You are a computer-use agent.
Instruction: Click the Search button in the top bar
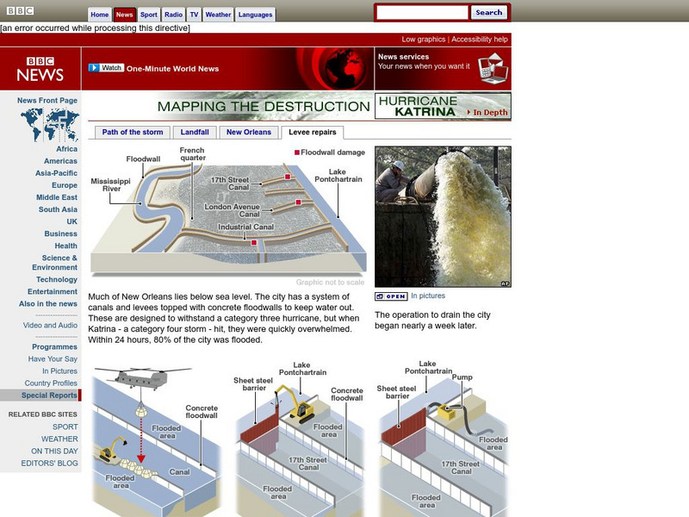pos(488,13)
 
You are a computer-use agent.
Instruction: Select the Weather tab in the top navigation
pos(218,15)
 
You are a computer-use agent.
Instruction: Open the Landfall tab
pos(194,133)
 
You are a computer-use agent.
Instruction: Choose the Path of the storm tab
pos(132,133)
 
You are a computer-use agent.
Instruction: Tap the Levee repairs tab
pos(313,133)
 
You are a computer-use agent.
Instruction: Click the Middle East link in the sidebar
pos(57,197)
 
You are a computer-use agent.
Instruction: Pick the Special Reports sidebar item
pos(49,396)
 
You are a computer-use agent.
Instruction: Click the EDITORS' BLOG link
pos(49,464)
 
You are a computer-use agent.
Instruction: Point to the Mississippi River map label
pos(111,185)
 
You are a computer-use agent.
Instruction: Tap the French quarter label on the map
pos(192,154)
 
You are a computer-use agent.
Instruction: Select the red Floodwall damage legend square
pos(297,153)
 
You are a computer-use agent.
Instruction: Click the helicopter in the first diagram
pos(142,377)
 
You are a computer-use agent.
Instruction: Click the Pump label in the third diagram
pos(462,377)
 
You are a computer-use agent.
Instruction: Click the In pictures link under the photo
pos(427,296)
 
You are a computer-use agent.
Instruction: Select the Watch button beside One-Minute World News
pos(106,68)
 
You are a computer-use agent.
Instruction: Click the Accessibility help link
pos(480,40)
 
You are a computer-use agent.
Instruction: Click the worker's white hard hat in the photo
pos(397,165)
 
